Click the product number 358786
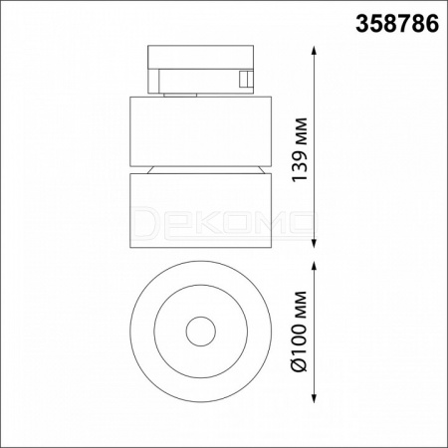pyautogui.click(x=397, y=24)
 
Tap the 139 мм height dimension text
pyautogui.click(x=300, y=149)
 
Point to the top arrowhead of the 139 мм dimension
pyautogui.click(x=315, y=52)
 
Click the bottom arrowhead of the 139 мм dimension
pyautogui.click(x=315, y=243)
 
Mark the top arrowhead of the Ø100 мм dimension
pyautogui.click(x=315, y=267)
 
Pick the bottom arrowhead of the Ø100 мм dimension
pyautogui.click(x=315, y=397)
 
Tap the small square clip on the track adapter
pyautogui.click(x=246, y=80)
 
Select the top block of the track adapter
pyautogui.click(x=201, y=57)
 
